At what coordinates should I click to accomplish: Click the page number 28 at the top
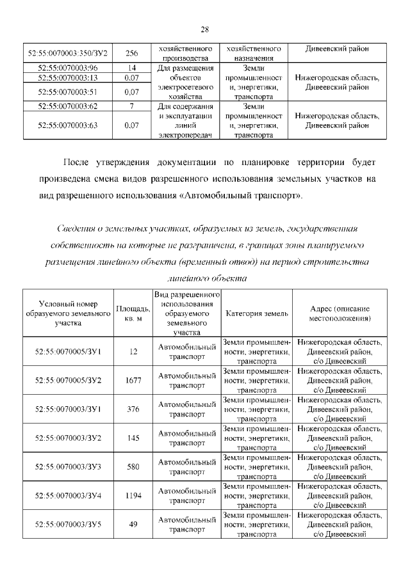205,29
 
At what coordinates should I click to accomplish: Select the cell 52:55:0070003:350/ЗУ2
68,53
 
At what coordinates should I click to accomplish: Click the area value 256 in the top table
132,53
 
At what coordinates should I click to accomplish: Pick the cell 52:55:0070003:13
68,77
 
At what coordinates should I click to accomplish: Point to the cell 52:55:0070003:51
68,91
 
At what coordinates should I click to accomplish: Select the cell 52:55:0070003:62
68,106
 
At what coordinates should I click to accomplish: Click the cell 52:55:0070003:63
68,125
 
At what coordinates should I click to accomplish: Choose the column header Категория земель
256,313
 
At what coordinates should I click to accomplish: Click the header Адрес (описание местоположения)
339,313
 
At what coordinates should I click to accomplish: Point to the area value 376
133,409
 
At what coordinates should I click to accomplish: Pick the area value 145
133,438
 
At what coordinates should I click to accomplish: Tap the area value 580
133,466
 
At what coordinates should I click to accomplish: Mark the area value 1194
133,495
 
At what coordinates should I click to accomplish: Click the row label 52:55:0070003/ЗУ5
68,524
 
